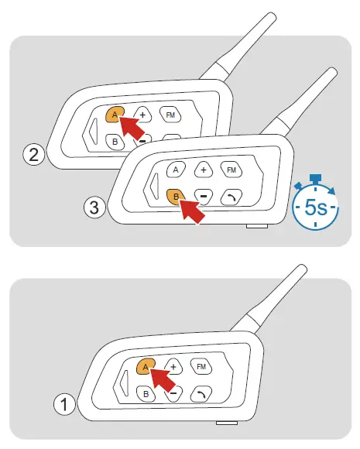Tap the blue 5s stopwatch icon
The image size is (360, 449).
(315, 205)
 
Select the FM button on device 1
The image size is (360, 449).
(201, 365)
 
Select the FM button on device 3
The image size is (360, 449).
(230, 169)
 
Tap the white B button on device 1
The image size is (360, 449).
(144, 393)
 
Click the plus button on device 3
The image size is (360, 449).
(203, 169)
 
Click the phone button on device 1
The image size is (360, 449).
(201, 392)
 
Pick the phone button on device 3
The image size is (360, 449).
(231, 196)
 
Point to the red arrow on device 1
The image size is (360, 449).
(163, 380)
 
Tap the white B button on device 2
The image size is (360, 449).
(114, 142)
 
